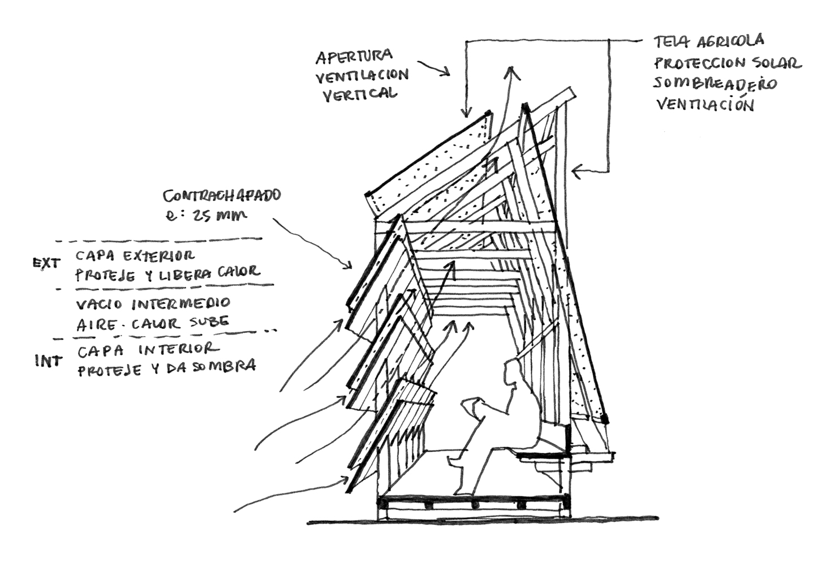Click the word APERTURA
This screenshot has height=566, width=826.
354,57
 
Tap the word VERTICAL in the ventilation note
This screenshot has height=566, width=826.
360,95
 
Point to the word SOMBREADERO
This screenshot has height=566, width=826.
715,83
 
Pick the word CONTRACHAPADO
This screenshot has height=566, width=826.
222,196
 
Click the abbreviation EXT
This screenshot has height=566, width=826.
46,263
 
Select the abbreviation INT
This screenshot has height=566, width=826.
48,361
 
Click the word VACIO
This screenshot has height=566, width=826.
99,305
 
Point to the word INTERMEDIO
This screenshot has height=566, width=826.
181,304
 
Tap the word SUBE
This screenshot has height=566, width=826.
209,322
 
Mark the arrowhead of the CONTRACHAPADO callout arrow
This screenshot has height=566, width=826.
348,265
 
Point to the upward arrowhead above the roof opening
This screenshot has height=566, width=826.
511,72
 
